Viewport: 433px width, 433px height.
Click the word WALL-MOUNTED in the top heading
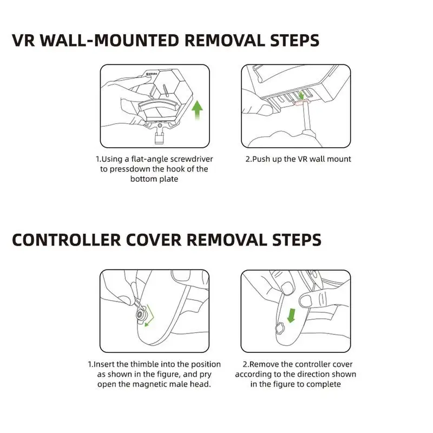[x=110, y=41]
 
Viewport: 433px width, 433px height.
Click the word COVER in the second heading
[x=154, y=240]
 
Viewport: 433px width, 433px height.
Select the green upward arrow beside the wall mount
[x=197, y=110]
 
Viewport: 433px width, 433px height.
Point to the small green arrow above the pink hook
[x=301, y=96]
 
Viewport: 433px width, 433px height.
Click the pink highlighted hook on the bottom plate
[x=302, y=103]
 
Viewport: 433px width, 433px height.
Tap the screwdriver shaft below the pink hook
[x=306, y=118]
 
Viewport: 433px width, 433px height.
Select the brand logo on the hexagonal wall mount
[x=152, y=74]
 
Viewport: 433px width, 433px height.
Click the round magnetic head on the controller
[x=140, y=314]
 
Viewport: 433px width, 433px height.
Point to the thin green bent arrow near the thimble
[x=150, y=316]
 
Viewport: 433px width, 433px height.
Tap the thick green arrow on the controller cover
[x=291, y=316]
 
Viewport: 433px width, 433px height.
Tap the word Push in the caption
[x=261, y=159]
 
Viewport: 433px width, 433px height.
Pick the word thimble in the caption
[x=144, y=364]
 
